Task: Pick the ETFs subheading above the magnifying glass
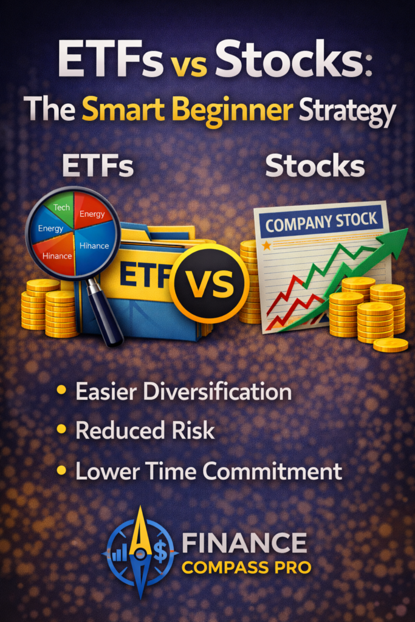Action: click(x=97, y=165)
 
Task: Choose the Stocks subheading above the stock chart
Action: click(x=315, y=165)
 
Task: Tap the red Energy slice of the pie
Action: click(x=92, y=214)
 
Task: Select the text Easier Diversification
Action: click(x=183, y=392)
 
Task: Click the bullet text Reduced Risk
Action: click(x=145, y=431)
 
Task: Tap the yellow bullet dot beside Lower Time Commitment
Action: click(x=61, y=470)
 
